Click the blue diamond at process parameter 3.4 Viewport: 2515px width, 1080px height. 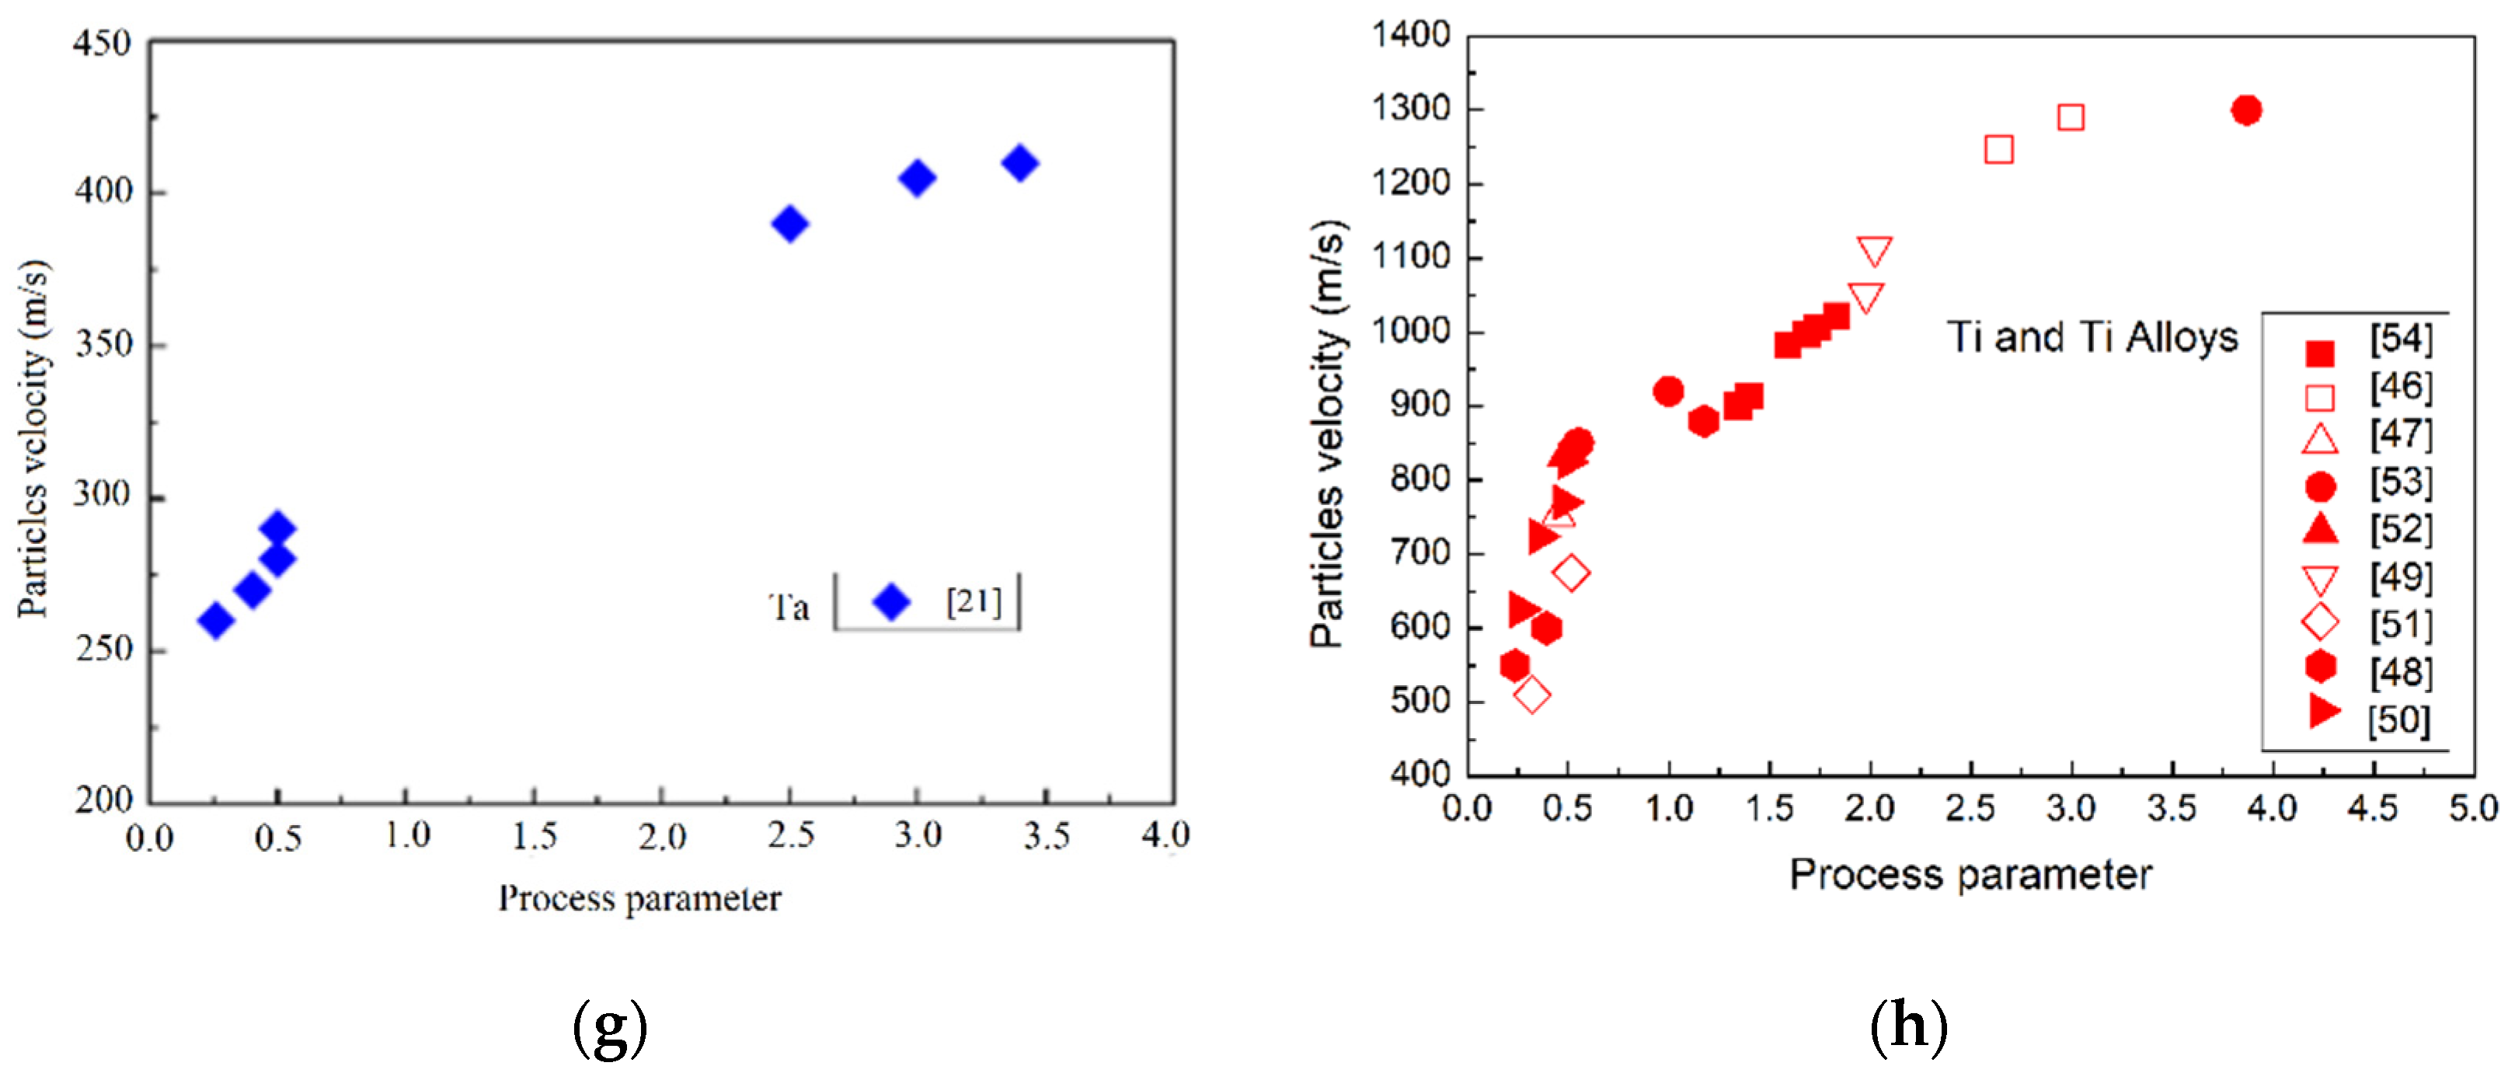(x=1020, y=163)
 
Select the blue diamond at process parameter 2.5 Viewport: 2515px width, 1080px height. (x=790, y=224)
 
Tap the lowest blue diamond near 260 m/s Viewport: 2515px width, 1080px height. (x=216, y=620)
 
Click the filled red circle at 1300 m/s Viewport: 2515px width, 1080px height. (x=2245, y=110)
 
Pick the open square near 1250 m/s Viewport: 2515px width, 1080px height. (x=1998, y=149)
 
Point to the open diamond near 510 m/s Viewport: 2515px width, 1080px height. (x=1532, y=695)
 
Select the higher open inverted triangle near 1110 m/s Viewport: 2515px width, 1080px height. (x=1873, y=251)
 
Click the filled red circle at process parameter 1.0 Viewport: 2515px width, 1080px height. (x=1669, y=392)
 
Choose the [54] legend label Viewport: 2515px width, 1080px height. (x=2401, y=339)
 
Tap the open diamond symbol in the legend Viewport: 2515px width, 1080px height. (x=2320, y=622)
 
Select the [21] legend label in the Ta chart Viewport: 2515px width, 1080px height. (x=974, y=601)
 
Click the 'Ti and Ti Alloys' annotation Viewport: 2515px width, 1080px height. (x=2092, y=338)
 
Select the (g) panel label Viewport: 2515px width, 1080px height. (x=610, y=1027)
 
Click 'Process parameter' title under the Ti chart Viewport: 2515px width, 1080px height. (x=1970, y=875)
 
